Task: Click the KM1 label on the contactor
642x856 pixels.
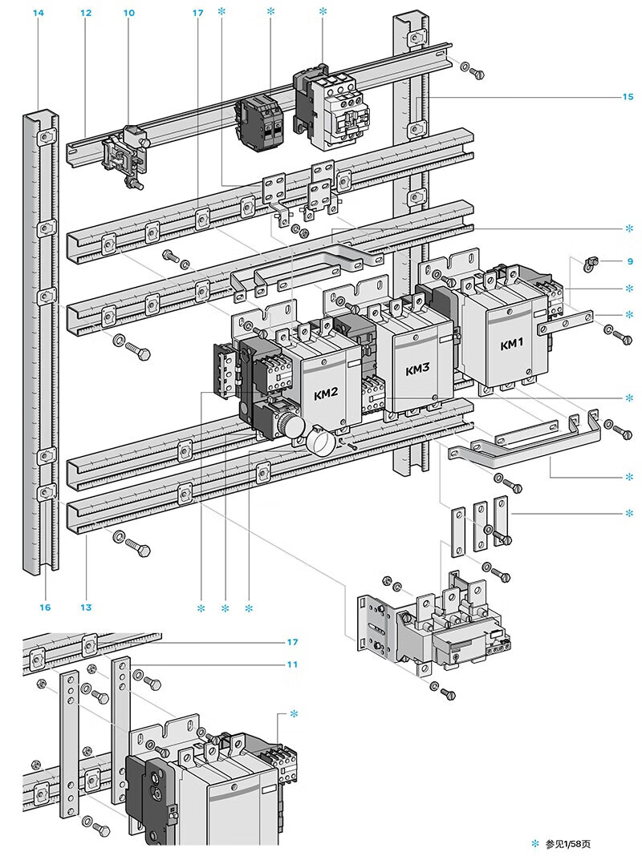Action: click(511, 345)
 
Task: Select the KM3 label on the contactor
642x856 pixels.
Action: click(417, 370)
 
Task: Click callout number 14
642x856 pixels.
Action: click(39, 14)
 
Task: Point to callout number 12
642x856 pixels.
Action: click(86, 14)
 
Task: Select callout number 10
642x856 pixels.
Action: click(129, 14)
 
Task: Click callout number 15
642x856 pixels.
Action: click(628, 97)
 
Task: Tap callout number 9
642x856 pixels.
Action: click(631, 261)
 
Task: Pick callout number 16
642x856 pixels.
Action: click(45, 608)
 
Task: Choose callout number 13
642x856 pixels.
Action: click(86, 608)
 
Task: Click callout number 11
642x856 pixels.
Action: click(292, 664)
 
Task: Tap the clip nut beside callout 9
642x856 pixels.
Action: click(592, 262)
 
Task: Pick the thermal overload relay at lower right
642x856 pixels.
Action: click(449, 629)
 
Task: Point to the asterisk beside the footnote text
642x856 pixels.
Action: click(536, 843)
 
